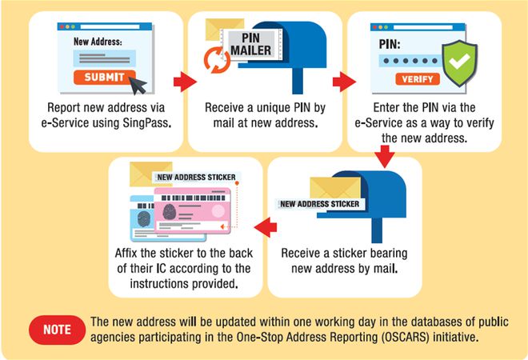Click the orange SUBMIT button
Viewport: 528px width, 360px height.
[102, 78]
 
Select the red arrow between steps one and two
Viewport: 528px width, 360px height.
[185, 81]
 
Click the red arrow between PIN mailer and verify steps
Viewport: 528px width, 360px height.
[343, 81]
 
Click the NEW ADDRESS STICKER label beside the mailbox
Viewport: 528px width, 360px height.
[319, 204]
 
